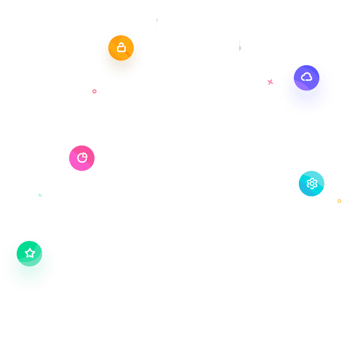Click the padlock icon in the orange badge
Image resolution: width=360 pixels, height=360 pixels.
click(121, 48)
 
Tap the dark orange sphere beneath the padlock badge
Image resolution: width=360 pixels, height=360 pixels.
click(121, 62)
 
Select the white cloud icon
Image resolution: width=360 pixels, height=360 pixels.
click(307, 77)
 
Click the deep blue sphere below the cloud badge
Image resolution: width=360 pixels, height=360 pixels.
click(306, 91)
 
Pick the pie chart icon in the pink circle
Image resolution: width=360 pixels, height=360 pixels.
click(82, 158)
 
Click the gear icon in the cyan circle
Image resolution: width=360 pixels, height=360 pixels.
click(311, 184)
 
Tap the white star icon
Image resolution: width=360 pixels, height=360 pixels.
click(30, 253)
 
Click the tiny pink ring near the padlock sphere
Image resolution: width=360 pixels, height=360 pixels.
click(94, 91)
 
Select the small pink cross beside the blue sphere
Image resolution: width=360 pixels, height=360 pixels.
click(270, 82)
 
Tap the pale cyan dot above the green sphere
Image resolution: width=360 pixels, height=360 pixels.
click(40, 195)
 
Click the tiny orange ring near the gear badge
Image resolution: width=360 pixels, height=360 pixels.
click(339, 201)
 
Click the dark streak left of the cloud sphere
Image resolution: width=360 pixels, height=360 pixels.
click(240, 47)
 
